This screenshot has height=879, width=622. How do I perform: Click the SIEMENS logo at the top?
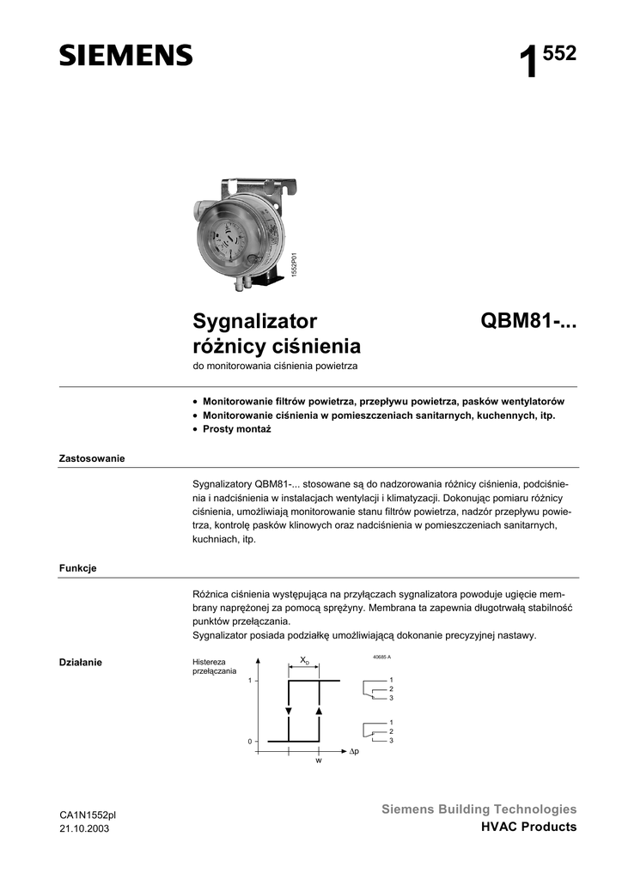pos(125,56)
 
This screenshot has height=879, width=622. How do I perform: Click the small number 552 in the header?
pos(560,54)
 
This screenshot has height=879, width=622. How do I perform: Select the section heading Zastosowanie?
pos(92,458)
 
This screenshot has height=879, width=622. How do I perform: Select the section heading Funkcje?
pos(77,568)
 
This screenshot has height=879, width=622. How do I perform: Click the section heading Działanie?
pos(81,662)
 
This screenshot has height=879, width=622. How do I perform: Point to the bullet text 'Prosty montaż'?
pos(236,428)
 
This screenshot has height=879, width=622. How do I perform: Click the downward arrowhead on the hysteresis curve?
pos(289,711)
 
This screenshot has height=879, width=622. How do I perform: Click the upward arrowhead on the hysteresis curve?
pos(319,711)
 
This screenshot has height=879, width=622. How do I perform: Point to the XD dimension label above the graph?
pos(304,660)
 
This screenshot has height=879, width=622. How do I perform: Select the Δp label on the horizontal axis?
pos(353,752)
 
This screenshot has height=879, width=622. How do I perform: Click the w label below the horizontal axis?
pos(318,761)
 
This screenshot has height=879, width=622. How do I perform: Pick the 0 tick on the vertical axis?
pos(250,741)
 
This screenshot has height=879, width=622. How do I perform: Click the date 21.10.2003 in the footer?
pos(84,828)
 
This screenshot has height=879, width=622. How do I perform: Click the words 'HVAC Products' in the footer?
pos(528,827)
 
